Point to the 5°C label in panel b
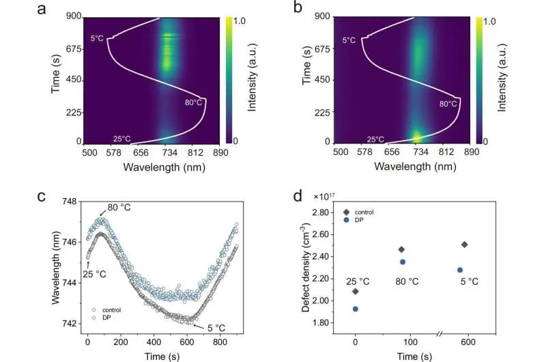pos(349,41)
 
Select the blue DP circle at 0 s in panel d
pos(355,309)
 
